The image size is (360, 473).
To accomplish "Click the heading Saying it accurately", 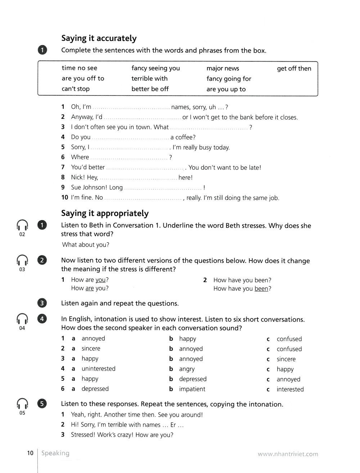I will coord(99,38).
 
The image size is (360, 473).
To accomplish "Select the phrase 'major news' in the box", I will coord(222,68).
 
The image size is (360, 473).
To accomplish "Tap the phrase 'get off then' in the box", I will coord(294,68).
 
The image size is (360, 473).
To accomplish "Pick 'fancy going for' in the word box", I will coord(229,79).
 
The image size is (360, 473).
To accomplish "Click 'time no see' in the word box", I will coord(79,68).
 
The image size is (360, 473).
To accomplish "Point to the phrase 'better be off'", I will coord(150,89).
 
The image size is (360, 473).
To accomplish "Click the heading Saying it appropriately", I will coord(105,213).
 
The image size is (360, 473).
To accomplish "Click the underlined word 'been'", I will coord(261,289).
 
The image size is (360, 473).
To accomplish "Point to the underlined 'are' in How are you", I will coord(90,288).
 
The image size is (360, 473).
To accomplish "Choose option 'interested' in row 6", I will coord(290,389).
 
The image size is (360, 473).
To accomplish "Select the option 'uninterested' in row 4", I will coord(98,369).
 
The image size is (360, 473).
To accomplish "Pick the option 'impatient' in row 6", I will coord(192,389).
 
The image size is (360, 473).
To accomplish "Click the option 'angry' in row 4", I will coord(187,369).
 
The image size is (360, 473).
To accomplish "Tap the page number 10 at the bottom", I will coord(30,453).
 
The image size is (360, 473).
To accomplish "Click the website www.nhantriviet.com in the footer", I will coord(288,454).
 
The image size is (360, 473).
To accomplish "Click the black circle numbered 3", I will coord(42,303).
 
